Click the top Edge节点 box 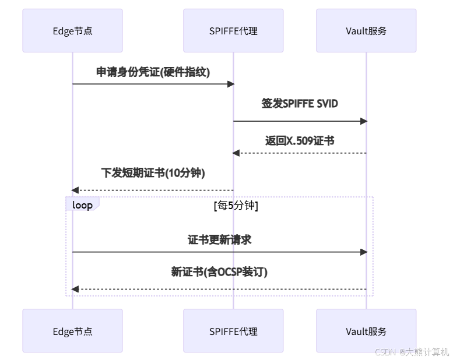[x=72, y=31]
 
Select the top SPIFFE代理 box [x=233, y=31]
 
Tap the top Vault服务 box [x=366, y=31]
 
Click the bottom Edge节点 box [x=72, y=331]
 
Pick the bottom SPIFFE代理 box [x=233, y=331]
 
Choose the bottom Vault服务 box [x=366, y=331]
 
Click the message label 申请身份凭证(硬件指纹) [x=153, y=72]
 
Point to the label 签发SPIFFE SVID [x=300, y=104]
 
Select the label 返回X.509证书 [x=300, y=140]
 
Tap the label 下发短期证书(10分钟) [x=153, y=173]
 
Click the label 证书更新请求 [x=219, y=239]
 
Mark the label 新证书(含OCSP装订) [x=219, y=271]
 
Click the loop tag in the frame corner [x=82, y=205]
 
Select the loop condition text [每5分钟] [x=236, y=206]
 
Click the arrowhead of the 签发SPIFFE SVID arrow [x=364, y=121]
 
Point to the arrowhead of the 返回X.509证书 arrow [x=236, y=153]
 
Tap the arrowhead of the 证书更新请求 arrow [x=364, y=252]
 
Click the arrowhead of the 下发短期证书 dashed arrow [x=75, y=190]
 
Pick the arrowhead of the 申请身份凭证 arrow [x=230, y=84]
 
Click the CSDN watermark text [x=412, y=352]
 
